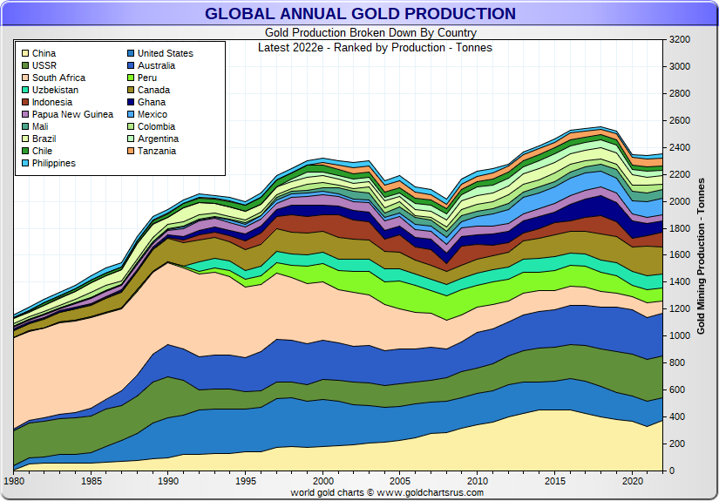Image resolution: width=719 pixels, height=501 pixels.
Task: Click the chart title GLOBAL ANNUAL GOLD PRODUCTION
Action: [x=360, y=14]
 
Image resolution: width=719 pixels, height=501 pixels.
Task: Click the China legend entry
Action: [x=44, y=53]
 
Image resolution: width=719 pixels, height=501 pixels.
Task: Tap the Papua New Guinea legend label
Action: [x=72, y=114]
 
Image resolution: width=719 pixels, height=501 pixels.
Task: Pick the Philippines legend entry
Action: [x=53, y=163]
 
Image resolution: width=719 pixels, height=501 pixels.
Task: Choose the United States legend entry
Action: [x=165, y=53]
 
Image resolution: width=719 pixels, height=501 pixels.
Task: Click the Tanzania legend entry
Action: [x=156, y=151]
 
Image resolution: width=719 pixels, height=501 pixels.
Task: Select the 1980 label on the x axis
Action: [x=15, y=481]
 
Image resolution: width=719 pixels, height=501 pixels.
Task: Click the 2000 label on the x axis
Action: [x=322, y=481]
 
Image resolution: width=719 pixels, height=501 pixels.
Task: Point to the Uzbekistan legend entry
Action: [x=55, y=90]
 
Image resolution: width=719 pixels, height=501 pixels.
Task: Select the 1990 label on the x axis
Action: [x=169, y=481]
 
